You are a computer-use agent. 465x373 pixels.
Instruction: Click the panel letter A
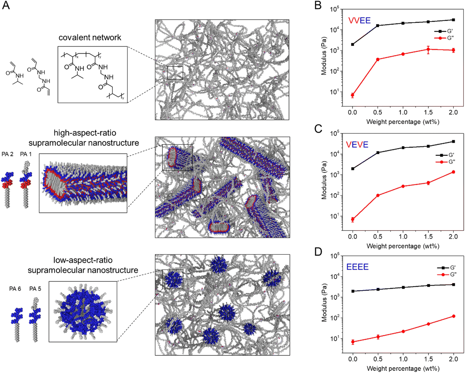coord(6,5)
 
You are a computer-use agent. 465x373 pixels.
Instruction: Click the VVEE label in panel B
coord(359,20)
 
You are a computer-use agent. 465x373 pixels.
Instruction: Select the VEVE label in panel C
coord(357,145)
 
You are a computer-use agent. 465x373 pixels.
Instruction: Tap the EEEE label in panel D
coord(357,267)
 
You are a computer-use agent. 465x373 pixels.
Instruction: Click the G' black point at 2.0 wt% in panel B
coord(453,20)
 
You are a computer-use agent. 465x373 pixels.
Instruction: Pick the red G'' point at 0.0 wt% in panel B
coord(352,95)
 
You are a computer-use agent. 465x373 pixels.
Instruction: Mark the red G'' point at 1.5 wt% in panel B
coord(428,49)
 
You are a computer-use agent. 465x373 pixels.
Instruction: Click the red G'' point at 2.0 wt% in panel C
coord(453,172)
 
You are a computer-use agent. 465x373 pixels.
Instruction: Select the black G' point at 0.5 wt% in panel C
coord(378,153)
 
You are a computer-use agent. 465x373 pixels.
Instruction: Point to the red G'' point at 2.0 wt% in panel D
coord(454,316)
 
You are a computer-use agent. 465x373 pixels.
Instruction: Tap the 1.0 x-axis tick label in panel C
coord(403,237)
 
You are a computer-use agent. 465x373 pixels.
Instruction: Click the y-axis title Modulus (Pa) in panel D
coord(324,303)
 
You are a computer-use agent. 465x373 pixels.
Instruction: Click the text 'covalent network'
coord(90,37)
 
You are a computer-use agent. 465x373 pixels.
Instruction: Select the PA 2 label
coord(7,154)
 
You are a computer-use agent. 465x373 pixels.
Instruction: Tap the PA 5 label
coord(35,289)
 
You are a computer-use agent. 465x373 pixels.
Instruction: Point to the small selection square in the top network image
coord(175,73)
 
